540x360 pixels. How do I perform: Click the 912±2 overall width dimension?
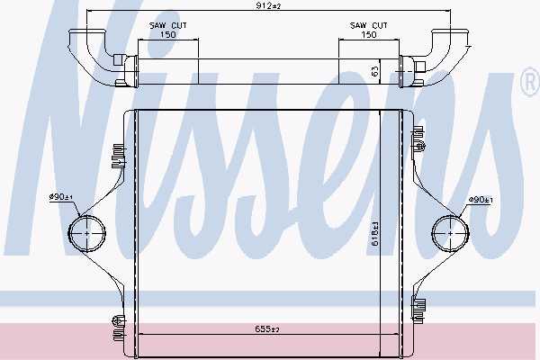[x=268, y=5]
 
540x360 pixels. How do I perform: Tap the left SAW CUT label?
[x=167, y=25]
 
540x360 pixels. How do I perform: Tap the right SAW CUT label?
[x=368, y=25]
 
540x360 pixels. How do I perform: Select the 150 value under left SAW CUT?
[x=168, y=34]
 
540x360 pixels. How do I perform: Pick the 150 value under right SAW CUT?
[x=369, y=34]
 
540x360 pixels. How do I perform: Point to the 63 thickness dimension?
[x=375, y=71]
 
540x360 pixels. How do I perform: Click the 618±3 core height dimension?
[x=374, y=233]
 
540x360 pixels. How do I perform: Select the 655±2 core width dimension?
[x=267, y=329]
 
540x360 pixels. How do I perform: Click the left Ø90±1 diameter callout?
[x=60, y=197]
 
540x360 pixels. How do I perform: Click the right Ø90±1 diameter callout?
[x=481, y=200]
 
